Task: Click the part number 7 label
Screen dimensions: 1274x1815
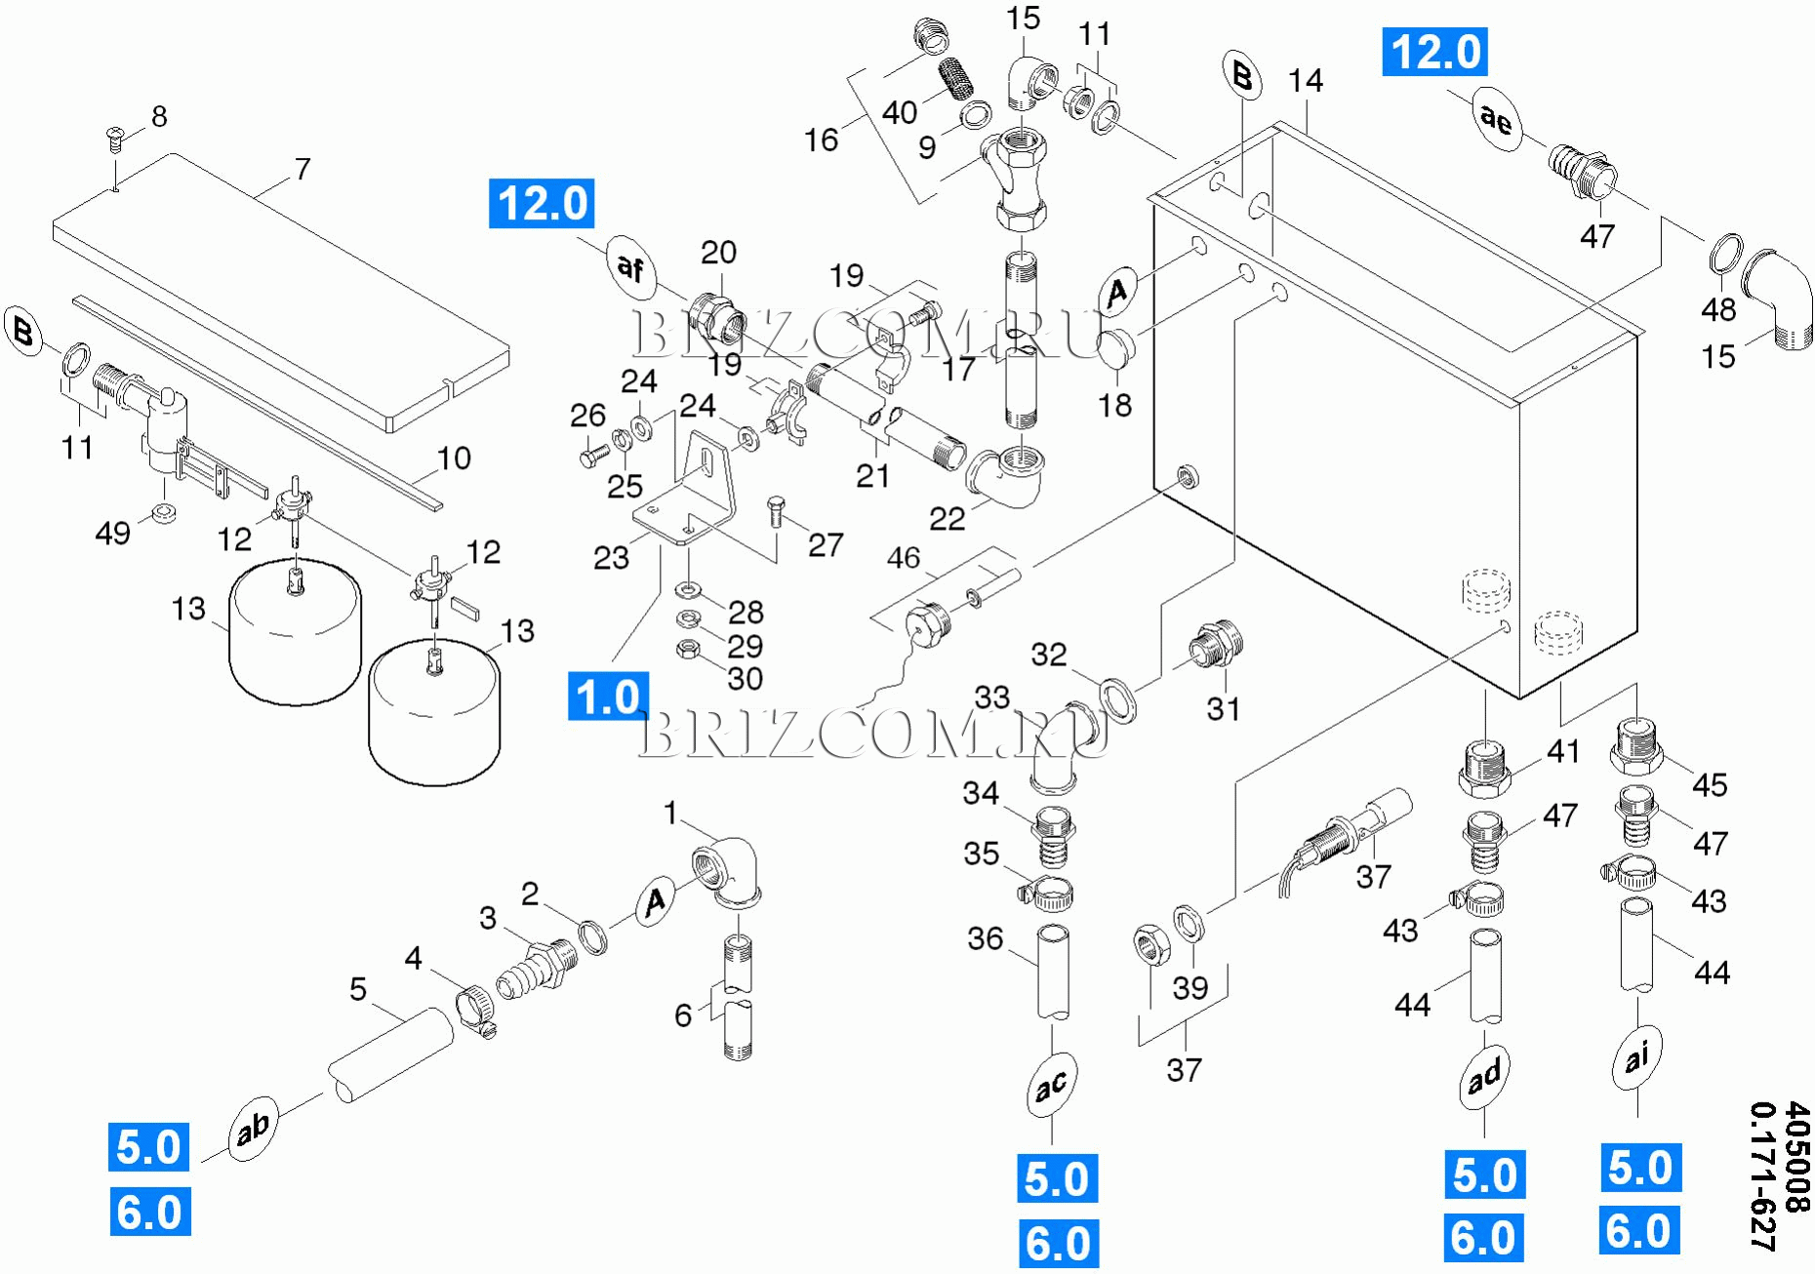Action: coord(302,169)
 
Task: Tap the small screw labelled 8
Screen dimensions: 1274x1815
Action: coord(114,138)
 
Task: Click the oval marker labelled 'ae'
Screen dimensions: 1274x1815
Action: coord(1496,119)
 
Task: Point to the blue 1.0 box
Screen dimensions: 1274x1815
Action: coord(608,697)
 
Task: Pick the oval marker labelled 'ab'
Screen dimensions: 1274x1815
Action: coord(254,1129)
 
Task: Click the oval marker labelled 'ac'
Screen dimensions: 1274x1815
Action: coord(1051,1085)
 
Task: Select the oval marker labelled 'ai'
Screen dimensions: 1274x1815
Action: coord(1636,1056)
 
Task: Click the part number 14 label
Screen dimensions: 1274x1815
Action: coord(1306,81)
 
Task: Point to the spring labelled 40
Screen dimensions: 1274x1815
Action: coord(956,77)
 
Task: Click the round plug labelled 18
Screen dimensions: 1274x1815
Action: coord(1116,349)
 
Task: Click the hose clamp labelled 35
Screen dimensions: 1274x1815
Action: coord(1048,891)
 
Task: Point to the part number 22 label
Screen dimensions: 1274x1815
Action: coord(947,518)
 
